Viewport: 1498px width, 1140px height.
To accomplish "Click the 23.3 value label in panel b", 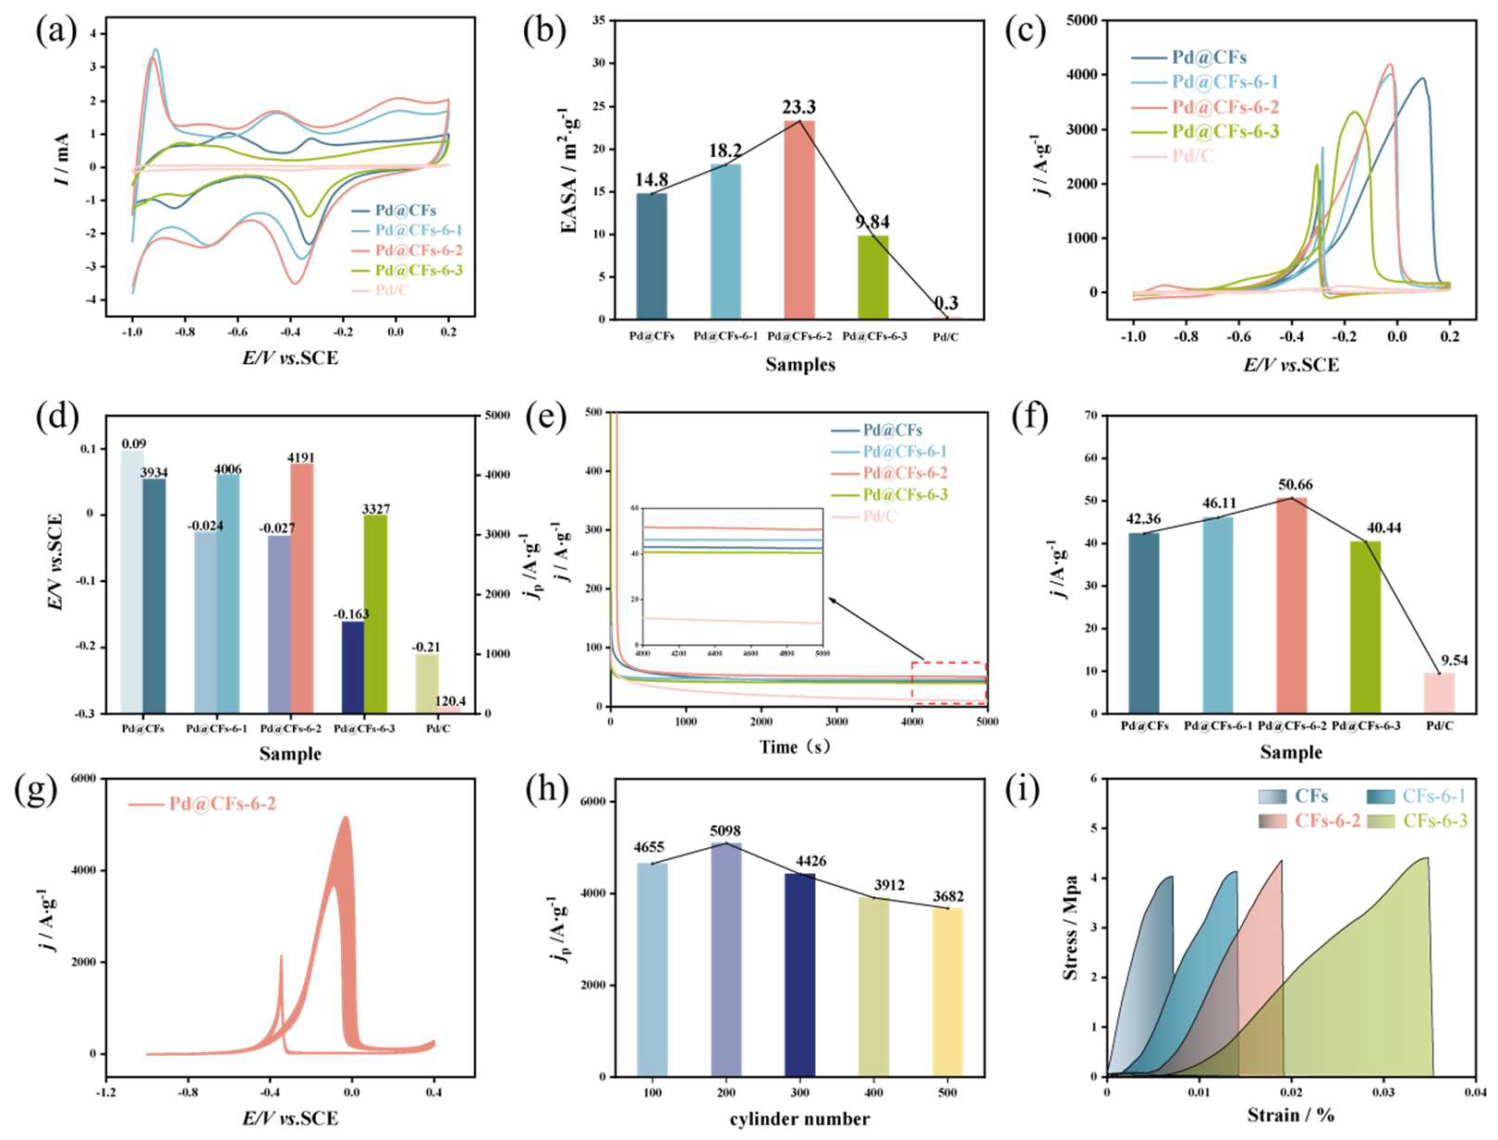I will [x=799, y=108].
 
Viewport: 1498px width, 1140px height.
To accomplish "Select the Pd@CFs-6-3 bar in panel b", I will [x=872, y=277].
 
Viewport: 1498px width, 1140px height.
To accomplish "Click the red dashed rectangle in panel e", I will [x=949, y=684].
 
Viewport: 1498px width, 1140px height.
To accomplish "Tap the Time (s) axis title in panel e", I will [x=794, y=747].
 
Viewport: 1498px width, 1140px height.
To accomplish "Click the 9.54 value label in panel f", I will [x=1453, y=661].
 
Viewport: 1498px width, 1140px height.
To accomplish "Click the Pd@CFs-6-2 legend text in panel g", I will [x=222, y=805].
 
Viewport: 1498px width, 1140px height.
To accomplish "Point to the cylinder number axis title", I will [x=799, y=1120].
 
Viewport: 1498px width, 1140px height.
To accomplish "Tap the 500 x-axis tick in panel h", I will [x=947, y=1093].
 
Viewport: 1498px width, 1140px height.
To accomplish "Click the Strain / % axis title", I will [x=1290, y=1115].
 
